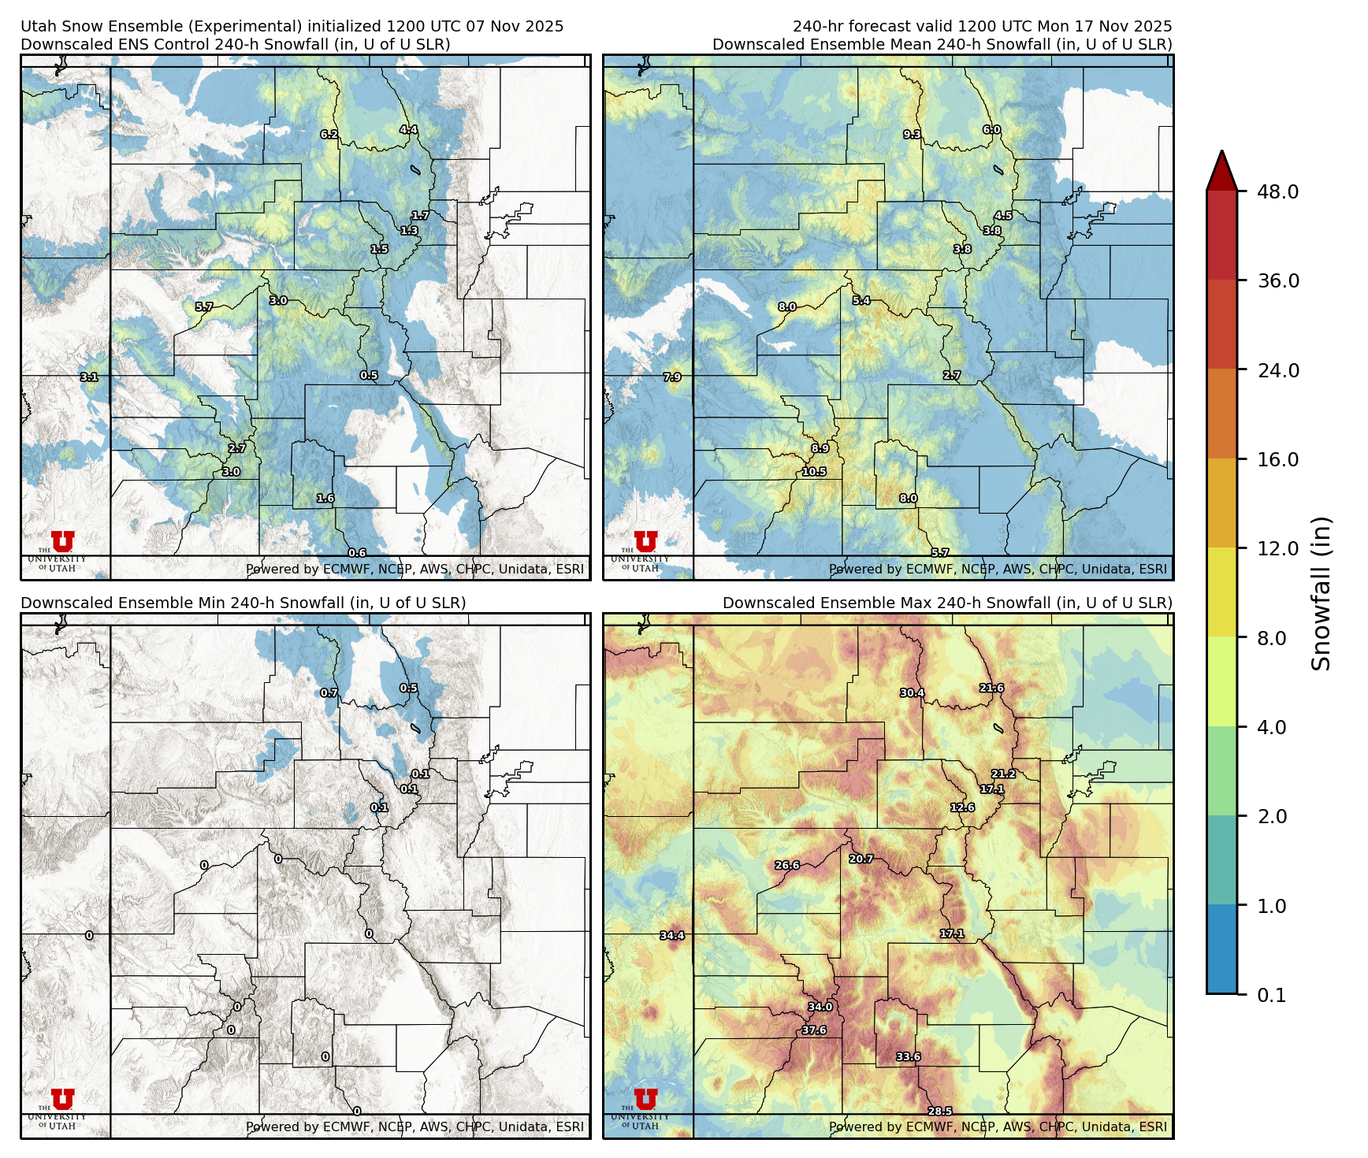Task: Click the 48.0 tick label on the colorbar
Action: click(1277, 191)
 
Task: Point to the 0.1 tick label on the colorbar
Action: click(1271, 995)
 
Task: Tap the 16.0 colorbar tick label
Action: click(1277, 459)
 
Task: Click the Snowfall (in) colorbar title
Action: click(1322, 593)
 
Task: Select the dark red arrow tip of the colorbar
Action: click(1221, 169)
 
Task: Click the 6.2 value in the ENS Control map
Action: click(329, 135)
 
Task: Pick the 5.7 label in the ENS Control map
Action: click(204, 307)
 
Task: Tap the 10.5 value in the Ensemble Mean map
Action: click(814, 472)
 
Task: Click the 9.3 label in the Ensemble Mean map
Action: click(912, 135)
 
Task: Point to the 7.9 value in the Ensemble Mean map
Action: click(672, 377)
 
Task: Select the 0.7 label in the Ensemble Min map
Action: click(329, 693)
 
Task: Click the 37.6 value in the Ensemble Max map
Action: click(814, 1030)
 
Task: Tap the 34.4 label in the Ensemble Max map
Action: click(672, 936)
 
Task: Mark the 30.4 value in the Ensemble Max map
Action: click(912, 693)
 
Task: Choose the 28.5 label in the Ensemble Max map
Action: click(939, 1112)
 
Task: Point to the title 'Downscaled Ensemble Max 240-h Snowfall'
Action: click(947, 603)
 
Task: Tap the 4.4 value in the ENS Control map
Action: click(408, 130)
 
